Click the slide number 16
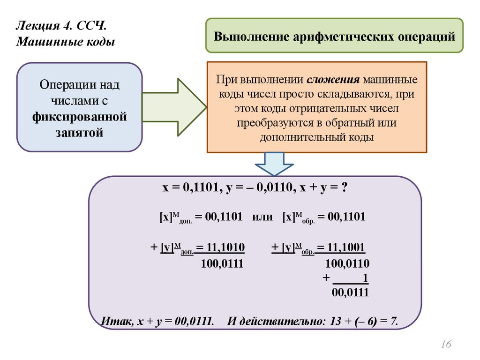445,345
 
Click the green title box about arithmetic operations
335,35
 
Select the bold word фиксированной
80,115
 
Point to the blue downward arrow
274,164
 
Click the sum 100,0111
222,263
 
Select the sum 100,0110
347,263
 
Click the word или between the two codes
262,217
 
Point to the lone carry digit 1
365,278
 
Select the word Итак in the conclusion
114,322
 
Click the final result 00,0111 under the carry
350,293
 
